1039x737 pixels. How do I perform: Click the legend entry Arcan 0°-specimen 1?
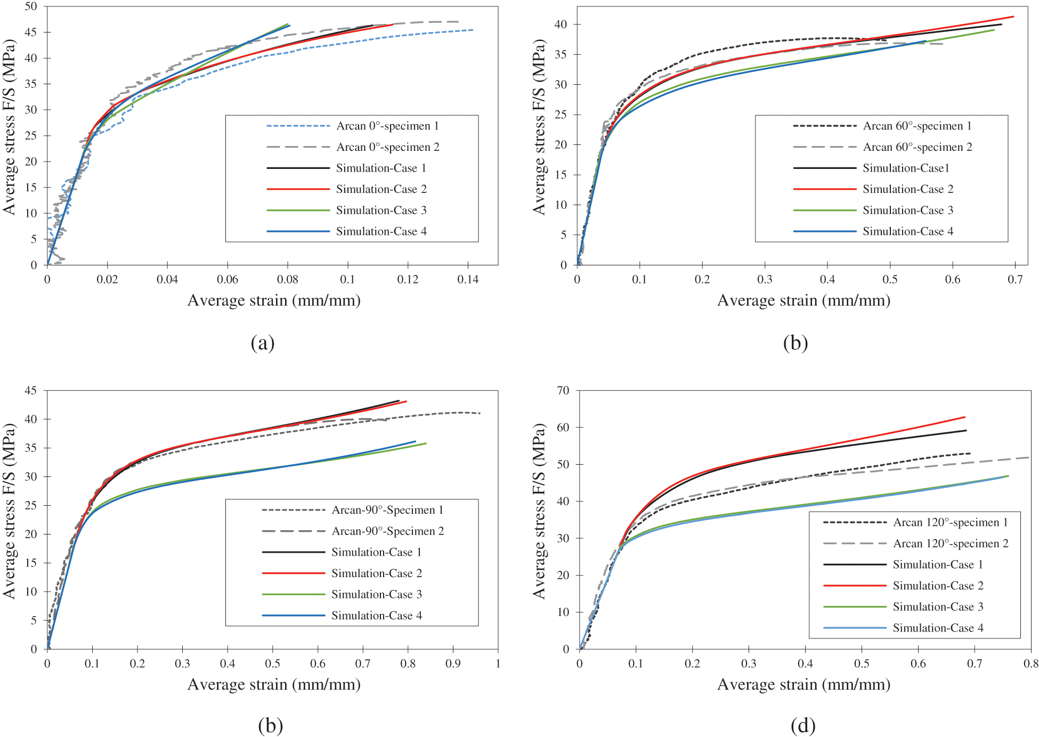pyautogui.click(x=387, y=126)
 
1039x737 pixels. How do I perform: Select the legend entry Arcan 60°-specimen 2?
pyautogui.click(x=917, y=147)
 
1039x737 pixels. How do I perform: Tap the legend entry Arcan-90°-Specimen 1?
pyautogui.click(x=387, y=510)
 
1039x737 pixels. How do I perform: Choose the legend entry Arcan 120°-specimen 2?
pyautogui.click(x=950, y=544)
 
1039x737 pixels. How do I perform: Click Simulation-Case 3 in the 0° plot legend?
pyautogui.click(x=381, y=210)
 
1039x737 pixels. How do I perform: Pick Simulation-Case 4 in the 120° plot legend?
pyautogui.click(x=938, y=628)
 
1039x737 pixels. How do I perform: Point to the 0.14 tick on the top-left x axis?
pyautogui.click(x=468, y=279)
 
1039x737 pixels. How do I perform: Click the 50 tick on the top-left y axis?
pyautogui.click(x=31, y=7)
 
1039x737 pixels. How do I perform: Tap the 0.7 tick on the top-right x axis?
pyautogui.click(x=1015, y=279)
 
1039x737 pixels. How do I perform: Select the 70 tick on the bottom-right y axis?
pyautogui.click(x=563, y=391)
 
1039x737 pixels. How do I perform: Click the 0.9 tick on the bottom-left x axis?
pyautogui.click(x=453, y=663)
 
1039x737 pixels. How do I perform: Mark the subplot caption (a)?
pyautogui.click(x=263, y=343)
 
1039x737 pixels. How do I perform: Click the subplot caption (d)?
pyautogui.click(x=803, y=725)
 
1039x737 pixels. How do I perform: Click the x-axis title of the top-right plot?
pyautogui.click(x=803, y=301)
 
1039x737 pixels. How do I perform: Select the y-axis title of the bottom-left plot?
pyautogui.click(x=10, y=512)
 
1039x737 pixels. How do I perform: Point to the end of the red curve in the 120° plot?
pyautogui.click(x=964, y=417)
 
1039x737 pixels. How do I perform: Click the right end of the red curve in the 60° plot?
pyautogui.click(x=1013, y=17)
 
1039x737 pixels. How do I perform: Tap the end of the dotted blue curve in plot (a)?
pyautogui.click(x=473, y=30)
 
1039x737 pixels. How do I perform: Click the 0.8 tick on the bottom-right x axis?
pyautogui.click(x=1030, y=663)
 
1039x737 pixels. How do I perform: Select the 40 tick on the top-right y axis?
pyautogui.click(x=561, y=25)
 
